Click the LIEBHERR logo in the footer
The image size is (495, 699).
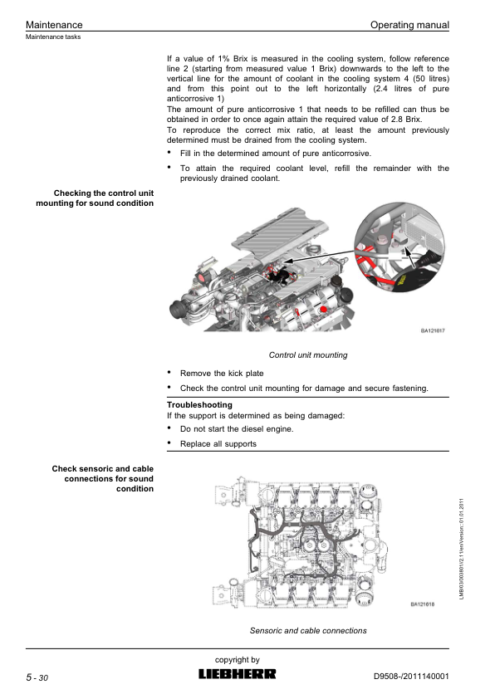tap(238, 674)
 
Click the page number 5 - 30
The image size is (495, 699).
tap(37, 677)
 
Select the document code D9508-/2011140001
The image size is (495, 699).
tap(411, 677)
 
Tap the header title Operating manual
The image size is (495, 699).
tap(409, 25)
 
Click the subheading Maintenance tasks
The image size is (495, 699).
tap(53, 37)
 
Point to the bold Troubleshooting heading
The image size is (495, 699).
tap(199, 405)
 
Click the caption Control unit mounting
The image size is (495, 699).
tap(307, 354)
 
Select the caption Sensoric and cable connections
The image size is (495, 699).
tap(308, 631)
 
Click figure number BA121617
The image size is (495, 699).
tap(433, 330)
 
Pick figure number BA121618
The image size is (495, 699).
tap(422, 604)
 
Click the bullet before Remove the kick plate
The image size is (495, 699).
tap(169, 372)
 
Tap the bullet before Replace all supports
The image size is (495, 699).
tap(169, 442)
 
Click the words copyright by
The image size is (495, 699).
tap(238, 660)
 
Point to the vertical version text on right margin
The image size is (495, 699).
tap(462, 549)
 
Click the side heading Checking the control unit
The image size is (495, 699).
tap(104, 193)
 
